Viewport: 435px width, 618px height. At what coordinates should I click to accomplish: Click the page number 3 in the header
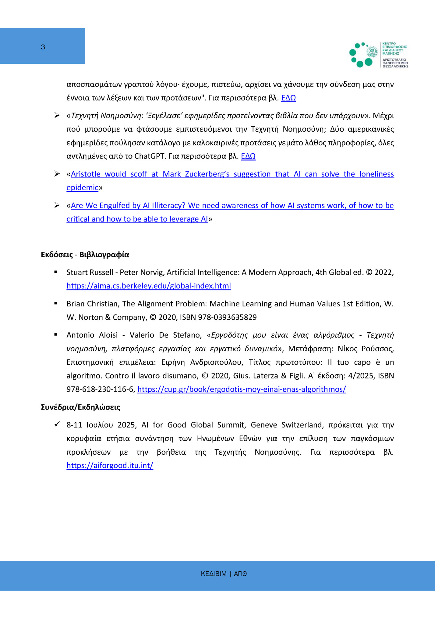(43, 47)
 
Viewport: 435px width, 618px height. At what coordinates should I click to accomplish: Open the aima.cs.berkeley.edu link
(149, 286)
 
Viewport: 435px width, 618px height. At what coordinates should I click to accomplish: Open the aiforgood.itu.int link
(110, 465)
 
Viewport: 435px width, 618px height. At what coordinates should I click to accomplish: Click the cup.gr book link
(242, 389)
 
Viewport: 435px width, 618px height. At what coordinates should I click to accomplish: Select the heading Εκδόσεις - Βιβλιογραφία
(85, 254)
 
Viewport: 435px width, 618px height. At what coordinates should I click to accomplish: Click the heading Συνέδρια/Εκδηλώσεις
(80, 407)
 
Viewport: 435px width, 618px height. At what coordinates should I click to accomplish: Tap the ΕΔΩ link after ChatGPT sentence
(248, 156)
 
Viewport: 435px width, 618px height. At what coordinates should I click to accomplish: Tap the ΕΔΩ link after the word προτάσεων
(288, 98)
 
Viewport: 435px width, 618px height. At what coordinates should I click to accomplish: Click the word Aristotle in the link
(86, 174)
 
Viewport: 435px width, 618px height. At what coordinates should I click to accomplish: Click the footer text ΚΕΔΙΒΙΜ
(214, 574)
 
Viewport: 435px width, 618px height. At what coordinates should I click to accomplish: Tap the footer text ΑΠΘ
(240, 574)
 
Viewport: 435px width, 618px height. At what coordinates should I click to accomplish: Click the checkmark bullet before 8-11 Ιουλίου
(57, 424)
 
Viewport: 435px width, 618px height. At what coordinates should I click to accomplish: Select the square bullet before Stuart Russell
(56, 272)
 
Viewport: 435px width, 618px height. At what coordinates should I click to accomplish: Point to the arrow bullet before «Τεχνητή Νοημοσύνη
(57, 115)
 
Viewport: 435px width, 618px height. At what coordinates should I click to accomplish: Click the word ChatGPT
(150, 156)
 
